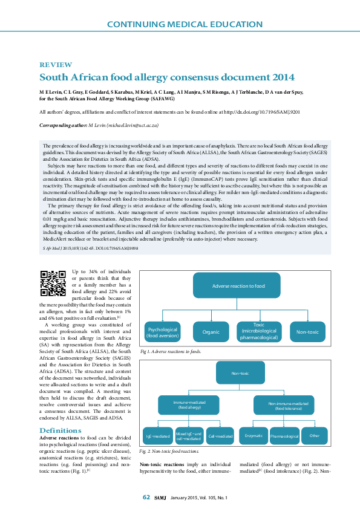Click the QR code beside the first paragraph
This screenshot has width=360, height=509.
[53, 283]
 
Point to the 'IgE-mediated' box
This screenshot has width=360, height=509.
[157, 436]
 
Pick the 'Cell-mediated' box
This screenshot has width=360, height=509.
[220, 436]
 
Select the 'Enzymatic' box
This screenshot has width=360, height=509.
[254, 436]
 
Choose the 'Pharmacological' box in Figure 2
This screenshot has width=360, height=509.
[284, 436]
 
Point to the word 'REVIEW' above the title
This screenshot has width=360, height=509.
[56, 65]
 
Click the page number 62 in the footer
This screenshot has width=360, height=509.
[146, 497]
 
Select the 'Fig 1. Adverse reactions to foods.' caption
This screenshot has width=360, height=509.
[170, 351]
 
